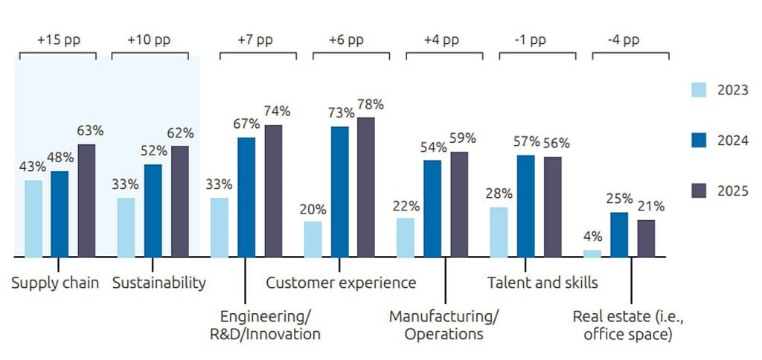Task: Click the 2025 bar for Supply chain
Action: [86, 200]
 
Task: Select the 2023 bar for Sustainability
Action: [127, 227]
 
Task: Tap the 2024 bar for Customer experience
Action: [339, 191]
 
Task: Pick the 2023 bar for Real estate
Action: [592, 253]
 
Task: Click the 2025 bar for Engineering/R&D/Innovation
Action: [273, 190]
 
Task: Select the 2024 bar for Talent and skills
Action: [526, 206]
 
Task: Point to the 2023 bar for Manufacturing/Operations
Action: [406, 237]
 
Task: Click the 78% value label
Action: [371, 104]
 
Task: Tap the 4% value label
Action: [593, 237]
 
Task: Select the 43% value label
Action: [33, 167]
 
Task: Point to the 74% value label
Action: [277, 112]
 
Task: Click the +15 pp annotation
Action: [59, 39]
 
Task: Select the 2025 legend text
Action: [733, 191]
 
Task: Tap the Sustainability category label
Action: [159, 283]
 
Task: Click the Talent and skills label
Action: [542, 282]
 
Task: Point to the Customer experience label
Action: [341, 283]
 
